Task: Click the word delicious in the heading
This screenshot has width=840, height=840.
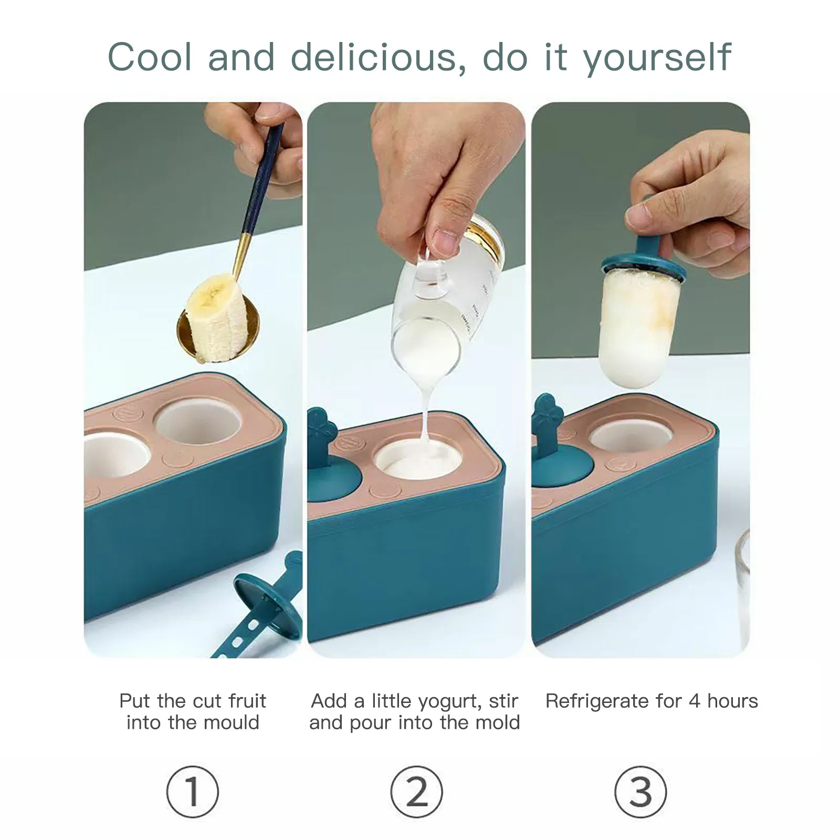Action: coord(374,57)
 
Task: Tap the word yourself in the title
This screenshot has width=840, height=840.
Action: coord(658,58)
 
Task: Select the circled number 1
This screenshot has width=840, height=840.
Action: coord(192,792)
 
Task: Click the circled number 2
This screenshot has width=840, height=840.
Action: coord(416,792)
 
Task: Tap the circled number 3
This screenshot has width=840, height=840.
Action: coord(640,792)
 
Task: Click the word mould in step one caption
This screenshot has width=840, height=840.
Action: coord(235,723)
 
